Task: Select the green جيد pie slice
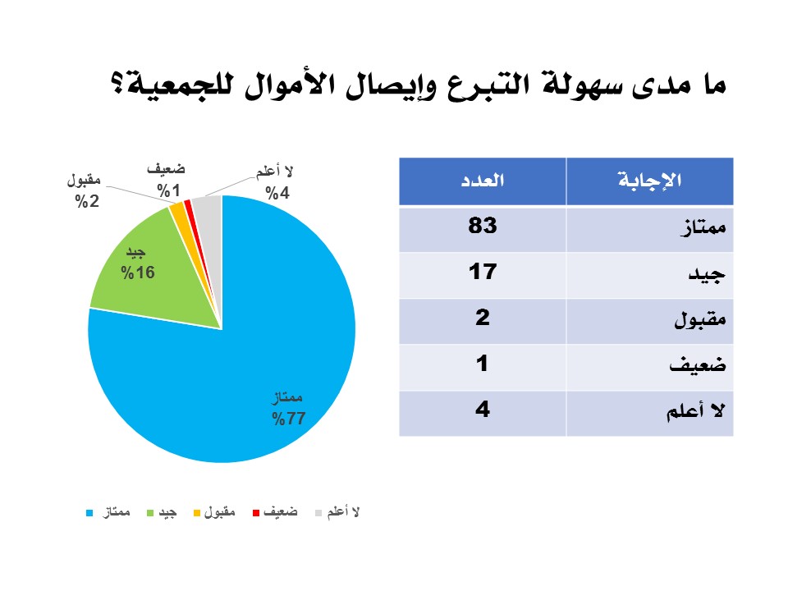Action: click(161, 272)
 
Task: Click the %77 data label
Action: click(288, 418)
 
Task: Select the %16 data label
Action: click(138, 273)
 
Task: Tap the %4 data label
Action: click(277, 193)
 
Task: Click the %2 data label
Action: click(87, 202)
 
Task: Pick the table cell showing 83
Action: click(483, 226)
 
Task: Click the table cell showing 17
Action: click(483, 272)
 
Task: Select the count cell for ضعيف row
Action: click(483, 364)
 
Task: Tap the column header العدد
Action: click(483, 180)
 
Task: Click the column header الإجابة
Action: click(650, 180)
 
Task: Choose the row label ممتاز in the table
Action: click(703, 227)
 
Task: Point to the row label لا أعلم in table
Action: click(695, 411)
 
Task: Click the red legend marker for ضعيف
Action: click(256, 513)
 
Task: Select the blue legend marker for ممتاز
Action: click(90, 513)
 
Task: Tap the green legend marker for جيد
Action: click(149, 513)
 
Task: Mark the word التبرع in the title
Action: click(483, 85)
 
